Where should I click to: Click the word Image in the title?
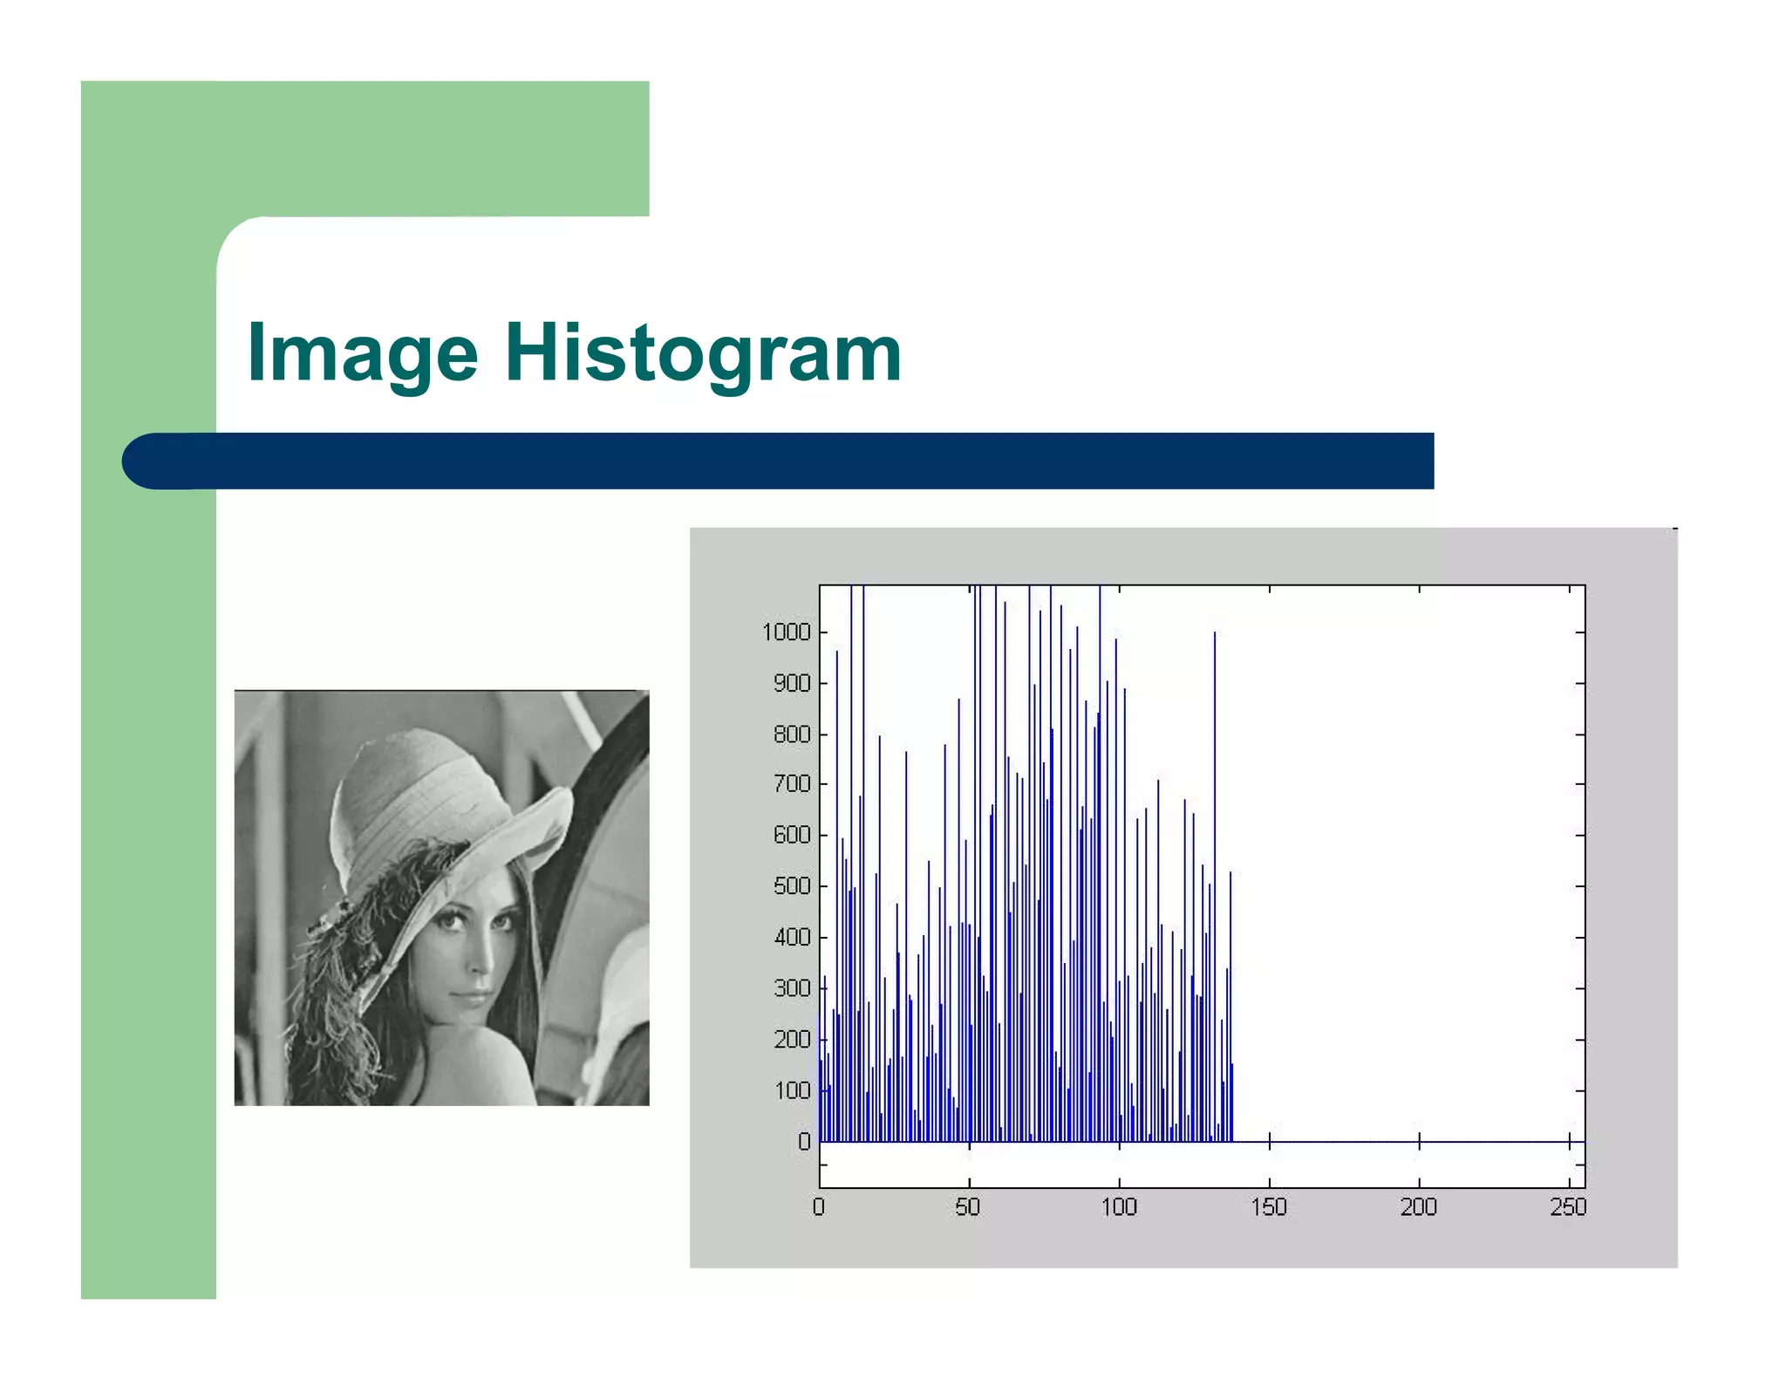click(362, 353)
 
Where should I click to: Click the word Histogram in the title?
click(703, 353)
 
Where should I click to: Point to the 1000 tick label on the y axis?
click(786, 632)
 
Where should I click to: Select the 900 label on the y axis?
click(792, 683)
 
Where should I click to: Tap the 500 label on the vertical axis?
click(792, 886)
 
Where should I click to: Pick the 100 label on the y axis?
click(792, 1090)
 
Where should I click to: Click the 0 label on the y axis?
click(804, 1141)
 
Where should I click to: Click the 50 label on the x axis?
click(968, 1207)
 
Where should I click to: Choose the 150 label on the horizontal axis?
click(1269, 1207)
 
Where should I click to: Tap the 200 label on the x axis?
click(1418, 1207)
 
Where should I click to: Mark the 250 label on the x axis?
click(1568, 1207)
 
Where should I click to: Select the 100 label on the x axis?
click(1118, 1207)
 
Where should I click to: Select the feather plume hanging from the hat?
click(366, 925)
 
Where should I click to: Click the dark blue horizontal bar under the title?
click(776, 461)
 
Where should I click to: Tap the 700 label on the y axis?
click(792, 784)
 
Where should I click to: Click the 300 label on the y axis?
click(792, 988)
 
